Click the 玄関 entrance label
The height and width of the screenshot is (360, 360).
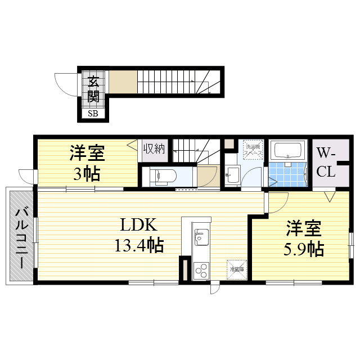point(93,89)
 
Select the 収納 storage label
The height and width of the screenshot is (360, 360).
point(153,149)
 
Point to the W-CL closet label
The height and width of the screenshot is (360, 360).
point(326,161)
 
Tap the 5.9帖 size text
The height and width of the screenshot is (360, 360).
point(304,248)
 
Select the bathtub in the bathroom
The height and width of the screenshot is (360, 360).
point(287,151)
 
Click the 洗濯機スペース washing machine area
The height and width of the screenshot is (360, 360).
point(251,151)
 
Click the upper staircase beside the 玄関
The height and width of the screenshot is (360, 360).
point(169,82)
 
